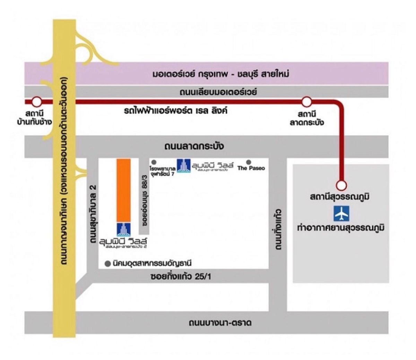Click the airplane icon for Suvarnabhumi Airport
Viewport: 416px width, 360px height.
coord(341,213)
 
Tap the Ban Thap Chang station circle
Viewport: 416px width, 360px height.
coord(36,102)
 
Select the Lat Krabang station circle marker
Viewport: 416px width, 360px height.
coord(306,102)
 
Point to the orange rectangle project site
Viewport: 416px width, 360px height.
coord(123,190)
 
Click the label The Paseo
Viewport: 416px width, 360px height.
coord(251,168)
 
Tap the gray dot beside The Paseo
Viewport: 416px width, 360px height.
coord(249,162)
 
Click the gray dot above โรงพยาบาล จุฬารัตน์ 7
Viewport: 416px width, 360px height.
coord(154,162)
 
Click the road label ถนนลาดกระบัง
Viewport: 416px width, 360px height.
coord(194,147)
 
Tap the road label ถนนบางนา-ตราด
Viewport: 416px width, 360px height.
coord(220,323)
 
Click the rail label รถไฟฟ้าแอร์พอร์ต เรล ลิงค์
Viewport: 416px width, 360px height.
coord(176,112)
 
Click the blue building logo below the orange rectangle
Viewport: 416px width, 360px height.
coord(123,229)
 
